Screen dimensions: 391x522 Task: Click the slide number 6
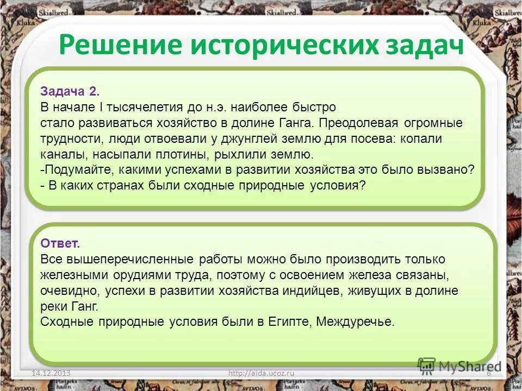pos(488,373)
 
